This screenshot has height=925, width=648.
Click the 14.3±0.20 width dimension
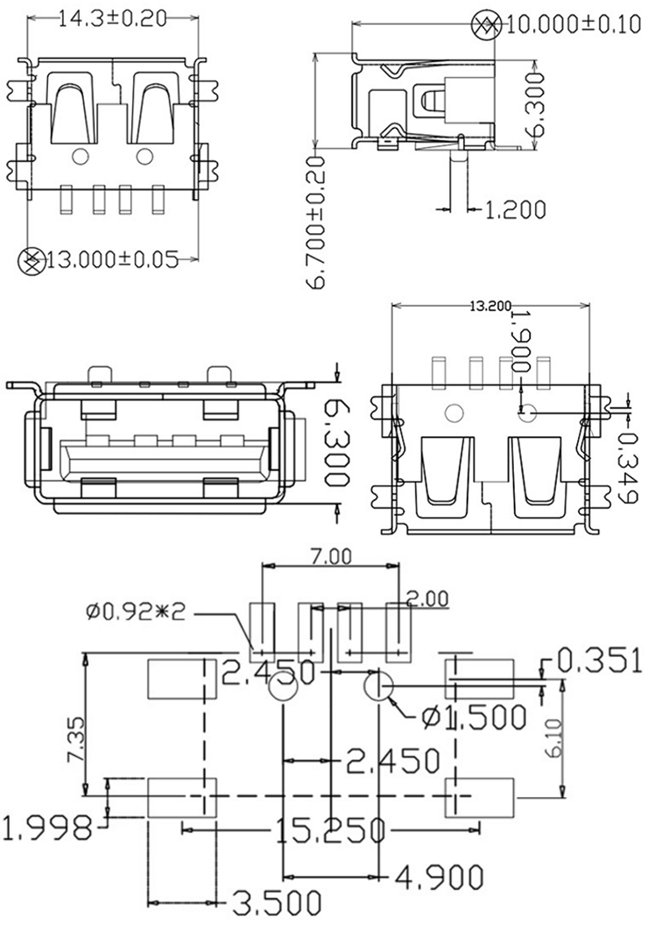[x=112, y=20]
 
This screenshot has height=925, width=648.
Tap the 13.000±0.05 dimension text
[x=112, y=259]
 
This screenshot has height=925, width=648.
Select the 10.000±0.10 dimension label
[x=574, y=25]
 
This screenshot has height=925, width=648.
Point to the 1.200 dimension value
[x=515, y=209]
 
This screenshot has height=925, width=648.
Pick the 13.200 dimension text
[x=490, y=307]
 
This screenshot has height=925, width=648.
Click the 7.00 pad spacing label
[x=330, y=555]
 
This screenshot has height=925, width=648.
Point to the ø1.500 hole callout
[x=473, y=717]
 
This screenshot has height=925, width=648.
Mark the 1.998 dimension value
[x=47, y=827]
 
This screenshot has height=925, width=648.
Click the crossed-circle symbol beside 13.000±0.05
[x=32, y=259]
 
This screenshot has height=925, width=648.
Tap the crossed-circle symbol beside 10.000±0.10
[x=486, y=25]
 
